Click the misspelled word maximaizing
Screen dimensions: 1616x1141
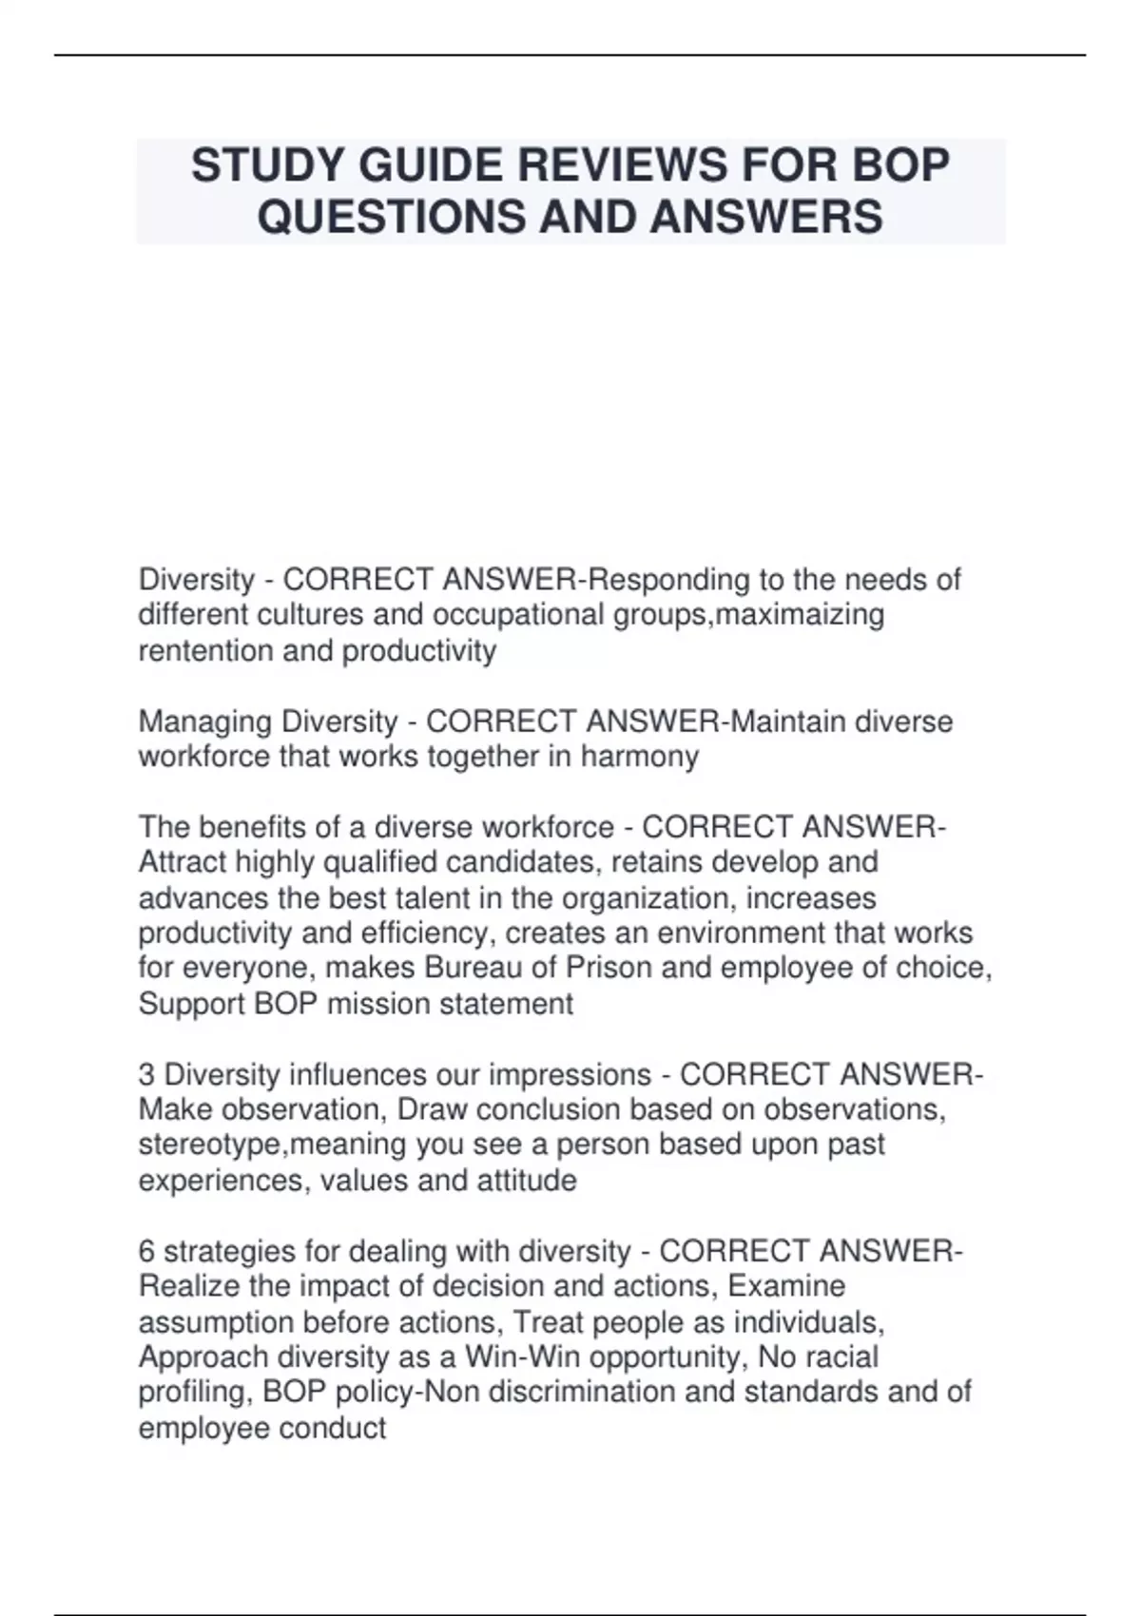800,615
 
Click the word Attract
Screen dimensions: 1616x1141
183,862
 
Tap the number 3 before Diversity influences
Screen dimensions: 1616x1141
146,1075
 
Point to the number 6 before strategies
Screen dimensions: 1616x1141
146,1251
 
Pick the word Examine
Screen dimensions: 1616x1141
785,1286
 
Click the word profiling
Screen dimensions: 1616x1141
193,1392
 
